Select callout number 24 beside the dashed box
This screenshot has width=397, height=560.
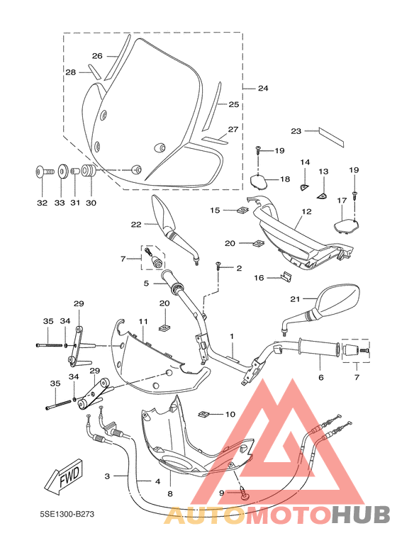point(262,89)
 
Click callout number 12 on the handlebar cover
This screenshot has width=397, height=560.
point(306,211)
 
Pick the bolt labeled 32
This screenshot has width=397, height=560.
point(41,172)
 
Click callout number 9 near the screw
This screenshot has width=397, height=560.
point(222,492)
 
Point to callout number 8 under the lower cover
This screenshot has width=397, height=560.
point(170,493)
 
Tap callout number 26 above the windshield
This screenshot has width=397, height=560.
point(98,55)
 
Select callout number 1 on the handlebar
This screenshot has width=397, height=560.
point(231,335)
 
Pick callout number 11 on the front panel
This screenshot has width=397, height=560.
point(142,321)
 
